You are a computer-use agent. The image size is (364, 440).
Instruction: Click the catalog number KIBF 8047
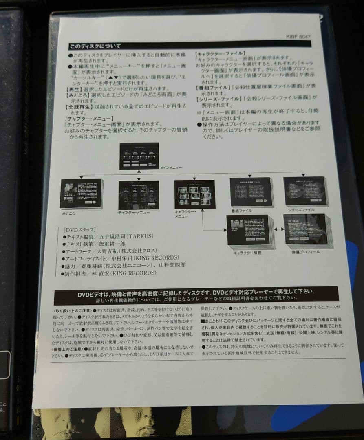tap(299, 37)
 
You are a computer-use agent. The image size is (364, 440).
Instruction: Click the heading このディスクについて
tap(95, 46)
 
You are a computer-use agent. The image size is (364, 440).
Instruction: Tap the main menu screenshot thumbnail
tap(139, 156)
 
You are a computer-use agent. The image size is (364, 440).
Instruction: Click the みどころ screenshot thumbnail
tap(81, 193)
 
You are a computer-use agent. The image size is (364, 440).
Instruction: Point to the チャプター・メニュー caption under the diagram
tap(134, 212)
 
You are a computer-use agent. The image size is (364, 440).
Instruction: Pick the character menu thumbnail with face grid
tap(194, 195)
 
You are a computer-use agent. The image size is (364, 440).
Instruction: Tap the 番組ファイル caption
tap(241, 211)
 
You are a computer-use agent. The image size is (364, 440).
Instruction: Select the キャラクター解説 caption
tap(247, 253)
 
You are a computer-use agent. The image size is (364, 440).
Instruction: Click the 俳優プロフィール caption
tap(306, 252)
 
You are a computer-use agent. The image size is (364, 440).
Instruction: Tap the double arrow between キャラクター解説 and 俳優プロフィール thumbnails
tap(279, 229)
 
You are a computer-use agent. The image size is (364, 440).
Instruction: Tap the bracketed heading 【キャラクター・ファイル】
tap(220, 53)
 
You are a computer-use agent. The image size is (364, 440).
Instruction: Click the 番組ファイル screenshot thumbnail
tap(250, 191)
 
